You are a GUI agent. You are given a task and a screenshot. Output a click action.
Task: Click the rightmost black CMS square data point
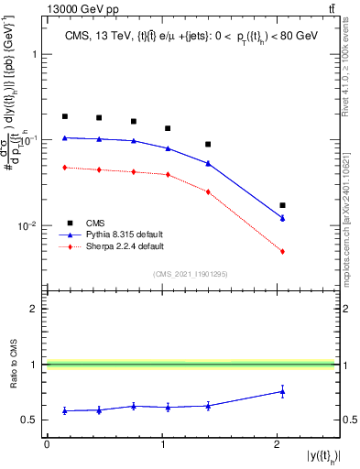tap(282, 205)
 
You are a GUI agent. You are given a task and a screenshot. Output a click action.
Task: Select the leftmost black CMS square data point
tap(65, 116)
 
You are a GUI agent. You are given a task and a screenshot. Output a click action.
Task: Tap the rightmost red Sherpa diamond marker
tap(282, 251)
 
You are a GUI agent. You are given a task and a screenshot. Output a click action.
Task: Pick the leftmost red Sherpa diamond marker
tap(65, 168)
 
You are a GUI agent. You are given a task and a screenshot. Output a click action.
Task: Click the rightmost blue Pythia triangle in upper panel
tap(282, 219)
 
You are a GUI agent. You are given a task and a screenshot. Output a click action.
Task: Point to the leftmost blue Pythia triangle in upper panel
tap(65, 138)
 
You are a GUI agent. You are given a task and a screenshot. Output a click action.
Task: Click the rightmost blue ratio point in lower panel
tap(282, 391)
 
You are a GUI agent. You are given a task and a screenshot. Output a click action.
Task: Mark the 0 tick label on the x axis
tap(47, 444)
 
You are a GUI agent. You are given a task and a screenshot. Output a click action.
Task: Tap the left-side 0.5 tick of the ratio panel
tap(32, 420)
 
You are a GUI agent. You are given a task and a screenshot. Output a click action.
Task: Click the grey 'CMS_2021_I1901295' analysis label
tap(191, 274)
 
